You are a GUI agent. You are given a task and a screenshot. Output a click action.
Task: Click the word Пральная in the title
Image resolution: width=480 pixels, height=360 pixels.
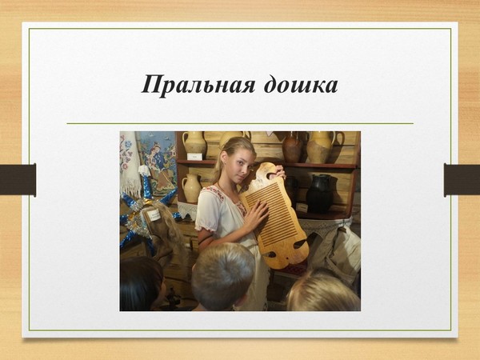point(198,85)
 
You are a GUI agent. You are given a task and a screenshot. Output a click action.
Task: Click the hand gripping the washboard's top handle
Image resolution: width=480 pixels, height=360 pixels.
point(279,172)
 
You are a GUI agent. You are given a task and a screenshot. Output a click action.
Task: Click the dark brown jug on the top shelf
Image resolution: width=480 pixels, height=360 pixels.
point(292,149)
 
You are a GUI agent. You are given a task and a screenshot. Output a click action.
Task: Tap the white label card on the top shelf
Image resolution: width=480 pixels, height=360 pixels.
point(194,157)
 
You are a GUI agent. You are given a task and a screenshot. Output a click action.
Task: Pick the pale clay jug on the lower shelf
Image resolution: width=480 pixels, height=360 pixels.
point(191,188)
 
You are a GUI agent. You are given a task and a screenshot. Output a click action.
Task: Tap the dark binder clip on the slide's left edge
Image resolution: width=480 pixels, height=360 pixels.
point(18,180)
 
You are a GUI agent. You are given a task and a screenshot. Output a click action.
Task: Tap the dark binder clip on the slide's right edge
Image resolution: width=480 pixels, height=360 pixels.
point(462,180)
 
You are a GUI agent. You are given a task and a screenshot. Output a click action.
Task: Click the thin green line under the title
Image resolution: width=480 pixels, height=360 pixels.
point(240,123)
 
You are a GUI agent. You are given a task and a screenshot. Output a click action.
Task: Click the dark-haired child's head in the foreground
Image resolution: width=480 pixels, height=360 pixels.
point(141,284)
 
